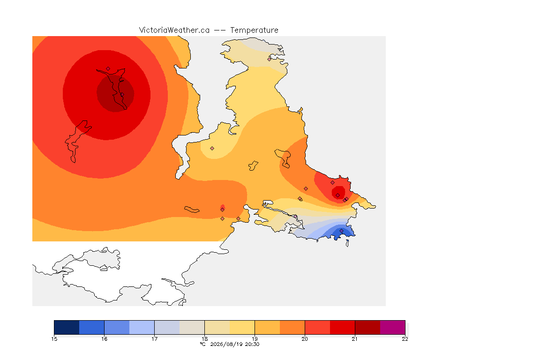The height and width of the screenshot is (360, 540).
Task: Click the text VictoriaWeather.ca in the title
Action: [x=174, y=30]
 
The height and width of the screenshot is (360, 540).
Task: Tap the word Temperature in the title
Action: [x=254, y=30]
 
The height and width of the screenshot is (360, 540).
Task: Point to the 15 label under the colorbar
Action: [x=54, y=339]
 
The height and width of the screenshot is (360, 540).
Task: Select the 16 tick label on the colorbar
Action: [x=105, y=339]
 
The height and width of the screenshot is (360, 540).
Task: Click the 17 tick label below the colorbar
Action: [x=154, y=339]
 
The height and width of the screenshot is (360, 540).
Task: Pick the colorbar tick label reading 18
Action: [x=204, y=339]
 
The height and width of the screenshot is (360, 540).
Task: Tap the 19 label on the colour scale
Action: [x=255, y=339]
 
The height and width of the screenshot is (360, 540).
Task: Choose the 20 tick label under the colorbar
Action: [x=305, y=339]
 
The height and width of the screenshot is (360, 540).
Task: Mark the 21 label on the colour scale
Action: [x=355, y=339]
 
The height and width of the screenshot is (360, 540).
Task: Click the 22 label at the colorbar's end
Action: [x=405, y=339]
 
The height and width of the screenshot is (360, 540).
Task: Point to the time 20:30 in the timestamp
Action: [x=252, y=344]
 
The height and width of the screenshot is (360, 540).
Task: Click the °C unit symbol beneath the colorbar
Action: [x=203, y=344]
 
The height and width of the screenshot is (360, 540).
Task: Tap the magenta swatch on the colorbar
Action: [x=393, y=327]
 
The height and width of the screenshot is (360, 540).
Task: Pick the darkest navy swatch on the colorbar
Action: [x=67, y=327]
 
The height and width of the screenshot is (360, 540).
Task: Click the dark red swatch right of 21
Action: [x=367, y=327]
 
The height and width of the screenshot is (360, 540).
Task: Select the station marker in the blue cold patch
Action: [x=341, y=231]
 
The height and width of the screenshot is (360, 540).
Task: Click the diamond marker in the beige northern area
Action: [x=270, y=59]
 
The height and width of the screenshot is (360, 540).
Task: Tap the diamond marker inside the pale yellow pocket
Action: [x=212, y=149]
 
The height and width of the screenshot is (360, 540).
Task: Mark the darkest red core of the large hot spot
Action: [x=115, y=94]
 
